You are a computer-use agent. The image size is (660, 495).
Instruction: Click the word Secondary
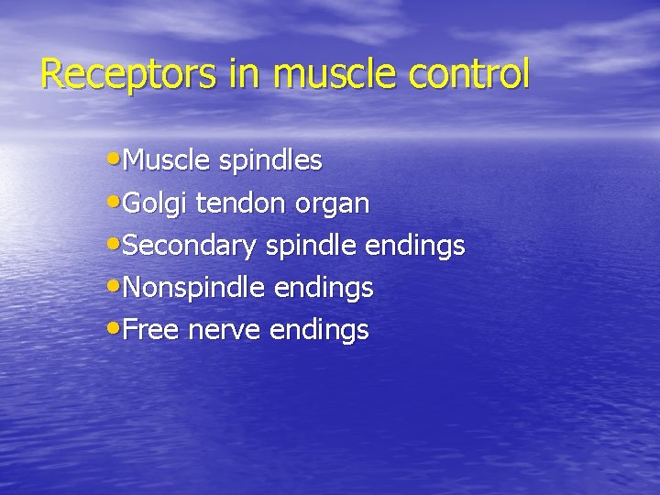[x=190, y=247]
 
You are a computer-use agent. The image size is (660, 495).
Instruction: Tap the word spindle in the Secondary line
[x=312, y=247]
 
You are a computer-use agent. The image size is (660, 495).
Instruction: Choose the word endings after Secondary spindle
[x=414, y=247]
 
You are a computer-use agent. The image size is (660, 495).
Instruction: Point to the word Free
[x=150, y=330]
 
